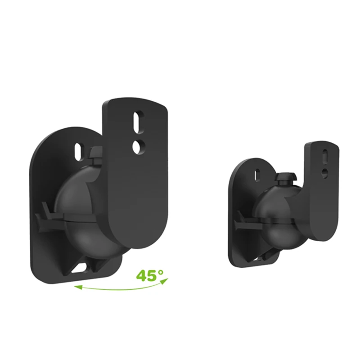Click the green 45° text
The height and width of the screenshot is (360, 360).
(x=150, y=275)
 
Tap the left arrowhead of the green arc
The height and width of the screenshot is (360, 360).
(x=77, y=287)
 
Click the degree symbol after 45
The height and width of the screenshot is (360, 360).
(x=161, y=271)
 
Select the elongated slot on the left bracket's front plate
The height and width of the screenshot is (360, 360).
(x=137, y=121)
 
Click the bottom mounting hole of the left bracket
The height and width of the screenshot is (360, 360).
(x=82, y=267)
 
